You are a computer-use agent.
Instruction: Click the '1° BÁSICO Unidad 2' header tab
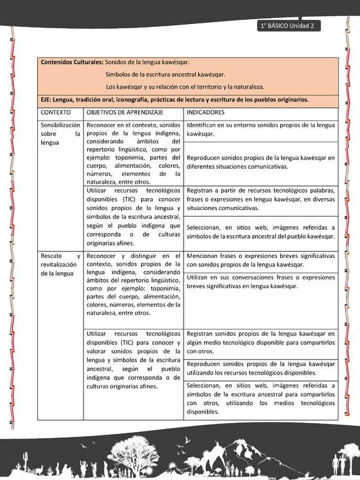[x=288, y=26]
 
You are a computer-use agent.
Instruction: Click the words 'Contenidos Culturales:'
[x=71, y=62]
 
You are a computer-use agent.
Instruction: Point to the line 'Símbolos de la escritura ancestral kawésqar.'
[x=165, y=74]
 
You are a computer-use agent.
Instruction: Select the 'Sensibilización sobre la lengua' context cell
[x=60, y=134]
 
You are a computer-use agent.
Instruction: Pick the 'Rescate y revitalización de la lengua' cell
[x=60, y=265]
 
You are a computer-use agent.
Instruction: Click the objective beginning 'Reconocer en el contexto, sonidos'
[x=133, y=153]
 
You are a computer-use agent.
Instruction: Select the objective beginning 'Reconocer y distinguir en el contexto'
[x=133, y=284]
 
